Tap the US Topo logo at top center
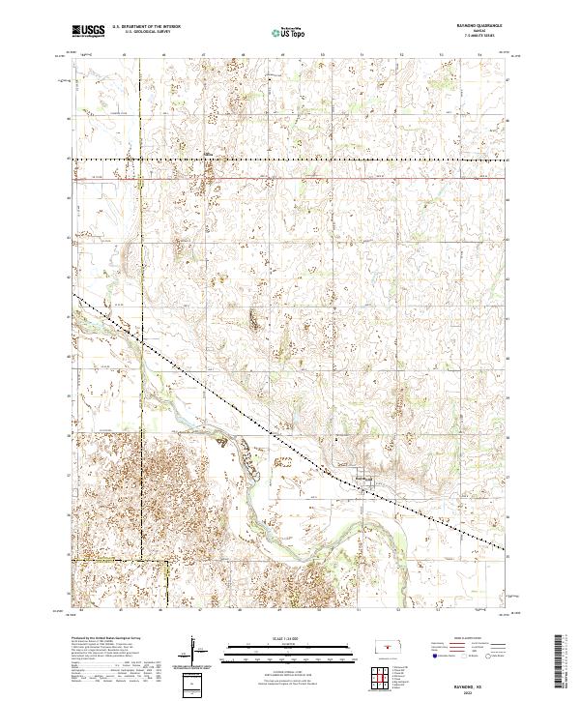289,32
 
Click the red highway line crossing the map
290,178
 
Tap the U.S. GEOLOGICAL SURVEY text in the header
147,33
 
